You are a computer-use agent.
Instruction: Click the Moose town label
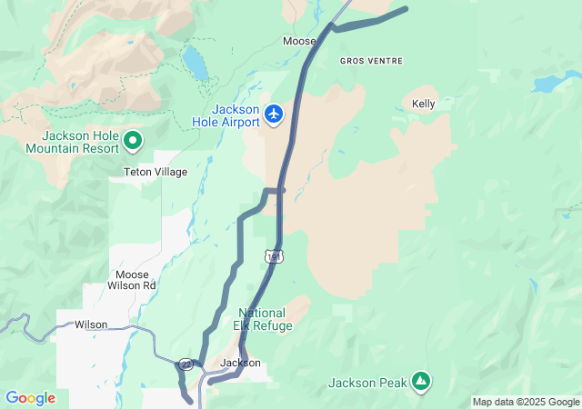pos(299,41)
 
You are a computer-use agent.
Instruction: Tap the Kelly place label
pos(424,104)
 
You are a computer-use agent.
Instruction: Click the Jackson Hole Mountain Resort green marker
pos(133,140)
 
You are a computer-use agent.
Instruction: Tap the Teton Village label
pos(156,172)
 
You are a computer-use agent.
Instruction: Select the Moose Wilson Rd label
pos(136,280)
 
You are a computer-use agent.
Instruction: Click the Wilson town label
pos(91,324)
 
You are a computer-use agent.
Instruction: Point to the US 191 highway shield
pos(275,257)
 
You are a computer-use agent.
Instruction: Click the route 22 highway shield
pos(186,364)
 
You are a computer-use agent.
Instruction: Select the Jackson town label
pos(240,363)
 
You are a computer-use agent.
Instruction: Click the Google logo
pos(30,398)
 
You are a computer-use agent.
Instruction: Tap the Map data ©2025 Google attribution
pos(525,402)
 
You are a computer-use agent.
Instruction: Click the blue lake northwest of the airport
pos(194,63)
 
